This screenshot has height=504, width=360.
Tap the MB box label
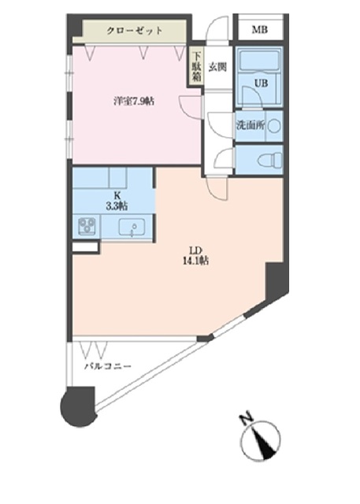point(259,31)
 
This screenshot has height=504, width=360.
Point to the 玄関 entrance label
point(218,66)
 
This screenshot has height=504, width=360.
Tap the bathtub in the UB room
point(260,62)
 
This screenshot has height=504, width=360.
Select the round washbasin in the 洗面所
point(273,124)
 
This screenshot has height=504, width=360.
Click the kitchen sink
point(132,228)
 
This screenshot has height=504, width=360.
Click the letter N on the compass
point(245,419)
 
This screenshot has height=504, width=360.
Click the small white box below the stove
point(85,247)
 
